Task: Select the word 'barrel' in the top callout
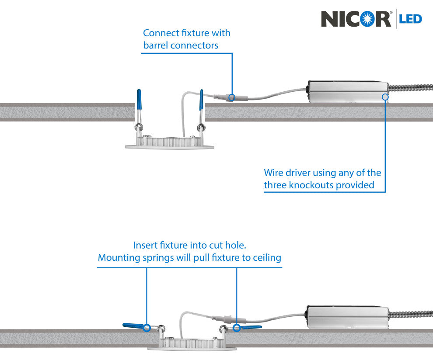(x=156, y=45)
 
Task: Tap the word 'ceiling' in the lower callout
(x=267, y=257)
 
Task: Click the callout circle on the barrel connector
(x=232, y=97)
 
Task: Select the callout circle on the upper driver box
(x=385, y=97)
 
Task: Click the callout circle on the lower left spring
(x=147, y=326)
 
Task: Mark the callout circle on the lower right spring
(x=237, y=326)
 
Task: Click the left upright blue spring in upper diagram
(x=139, y=100)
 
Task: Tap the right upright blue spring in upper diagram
(x=201, y=100)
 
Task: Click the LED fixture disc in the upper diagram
(x=170, y=144)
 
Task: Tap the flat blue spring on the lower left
(x=133, y=325)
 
